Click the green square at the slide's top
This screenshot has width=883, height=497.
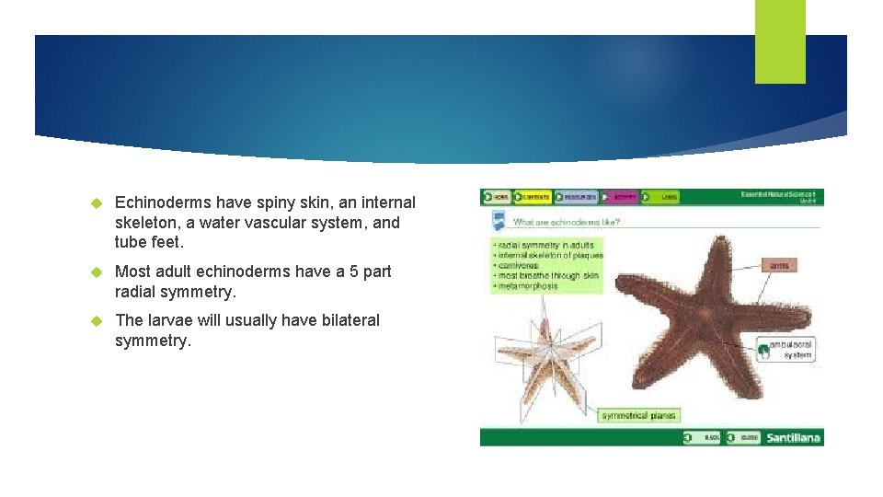[x=780, y=41]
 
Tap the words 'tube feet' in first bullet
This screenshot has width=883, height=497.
[x=150, y=243]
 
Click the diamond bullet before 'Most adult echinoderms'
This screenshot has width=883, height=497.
[x=95, y=272]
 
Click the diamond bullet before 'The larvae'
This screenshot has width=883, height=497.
[x=95, y=321]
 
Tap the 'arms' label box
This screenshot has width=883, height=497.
[x=779, y=265]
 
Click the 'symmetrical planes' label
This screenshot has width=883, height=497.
[x=638, y=416]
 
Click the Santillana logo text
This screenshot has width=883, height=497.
[x=793, y=437]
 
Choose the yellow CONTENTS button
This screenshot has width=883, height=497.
[x=533, y=197]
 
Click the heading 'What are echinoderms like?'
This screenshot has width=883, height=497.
[x=567, y=222]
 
